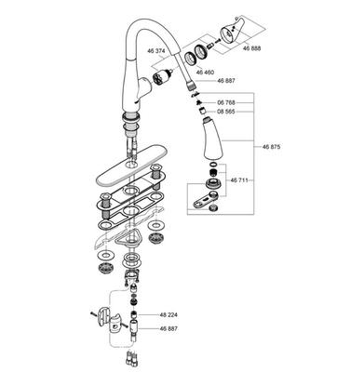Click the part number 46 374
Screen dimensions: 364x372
[x=156, y=51]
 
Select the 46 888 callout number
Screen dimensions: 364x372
[x=251, y=48]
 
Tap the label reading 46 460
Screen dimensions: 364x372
[x=205, y=72]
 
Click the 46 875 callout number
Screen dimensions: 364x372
[x=271, y=147]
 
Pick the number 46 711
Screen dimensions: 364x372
[x=239, y=179]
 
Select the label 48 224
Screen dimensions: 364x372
[x=169, y=315]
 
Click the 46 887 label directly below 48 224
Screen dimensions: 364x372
[x=169, y=328]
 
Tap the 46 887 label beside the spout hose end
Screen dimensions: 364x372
[x=226, y=81]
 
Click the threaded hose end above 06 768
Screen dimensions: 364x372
[x=190, y=85]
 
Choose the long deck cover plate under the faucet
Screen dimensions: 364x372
[x=132, y=166]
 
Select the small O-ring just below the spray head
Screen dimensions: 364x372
[x=214, y=165]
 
